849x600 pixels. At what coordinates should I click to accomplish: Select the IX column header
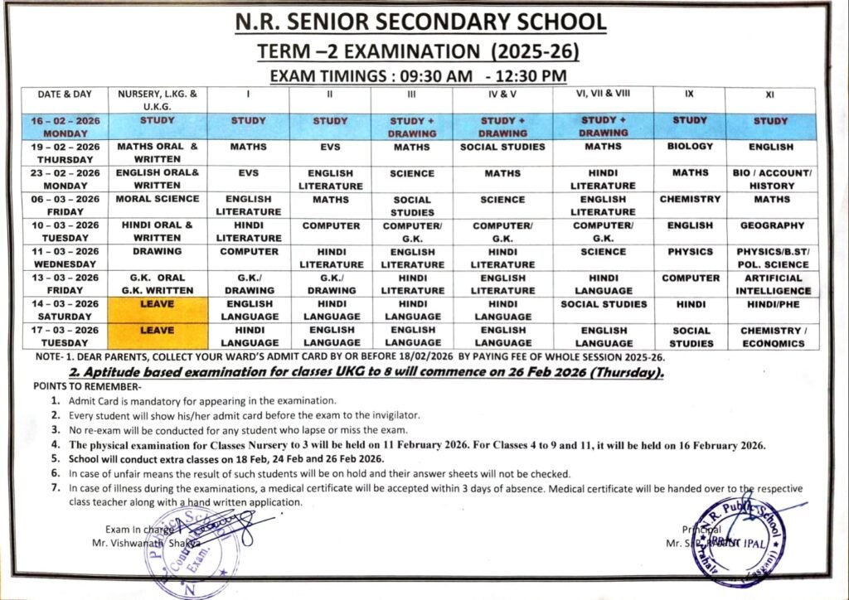688,94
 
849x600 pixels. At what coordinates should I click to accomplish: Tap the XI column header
770,94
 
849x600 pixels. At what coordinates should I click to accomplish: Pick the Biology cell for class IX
689,147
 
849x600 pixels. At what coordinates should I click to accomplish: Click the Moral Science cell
158,199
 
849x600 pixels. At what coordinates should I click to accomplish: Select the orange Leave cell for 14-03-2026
158,309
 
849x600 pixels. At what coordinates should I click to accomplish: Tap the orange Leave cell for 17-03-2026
158,336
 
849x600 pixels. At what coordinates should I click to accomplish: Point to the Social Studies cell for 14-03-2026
604,304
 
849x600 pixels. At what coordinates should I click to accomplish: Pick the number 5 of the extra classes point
54,457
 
